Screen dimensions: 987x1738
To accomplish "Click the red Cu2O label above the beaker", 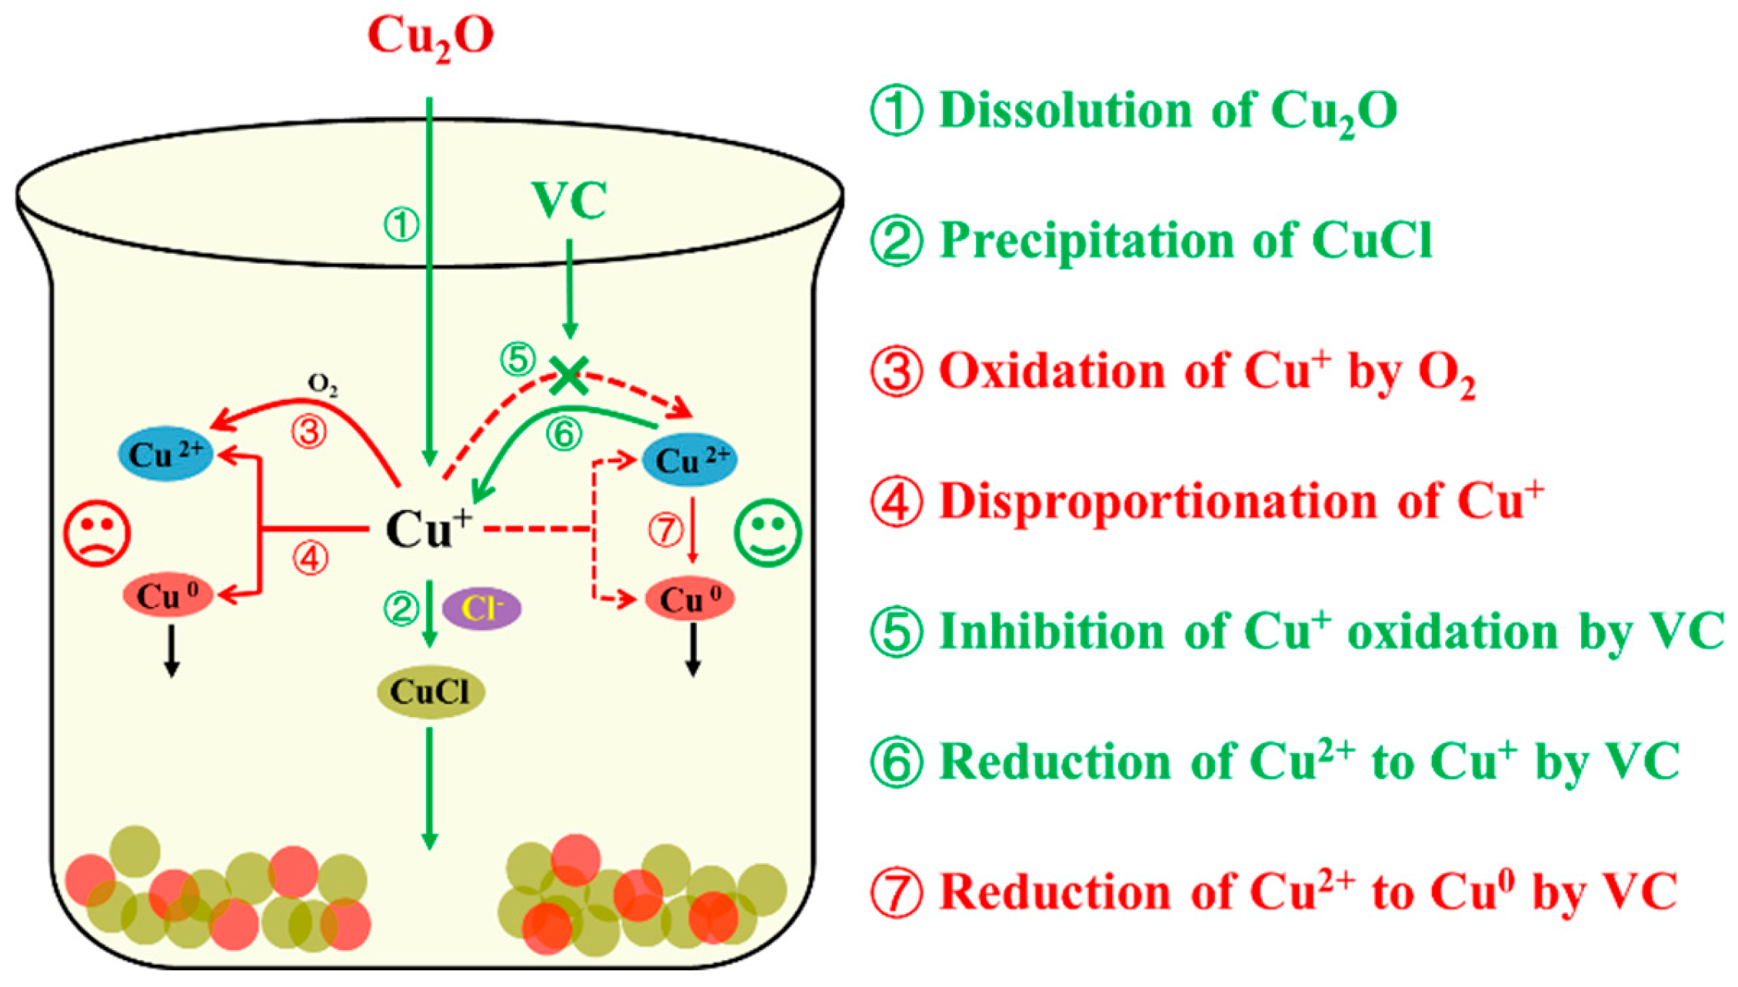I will (430, 36).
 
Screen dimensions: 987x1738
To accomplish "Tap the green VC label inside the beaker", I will (569, 201).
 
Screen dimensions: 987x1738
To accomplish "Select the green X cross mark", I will (569, 375).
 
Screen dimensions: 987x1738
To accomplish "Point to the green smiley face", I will (767, 533).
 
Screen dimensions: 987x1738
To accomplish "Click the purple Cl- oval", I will (481, 609).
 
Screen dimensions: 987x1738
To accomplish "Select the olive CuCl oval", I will (430, 692).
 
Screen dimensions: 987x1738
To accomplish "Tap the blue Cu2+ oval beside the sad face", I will (165, 454).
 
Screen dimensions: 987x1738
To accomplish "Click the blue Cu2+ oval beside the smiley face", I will (690, 460).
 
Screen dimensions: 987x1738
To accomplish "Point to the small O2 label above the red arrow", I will (323, 385).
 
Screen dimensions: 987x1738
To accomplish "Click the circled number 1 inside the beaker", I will (401, 225).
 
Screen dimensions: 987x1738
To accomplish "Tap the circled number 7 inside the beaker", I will (666, 530).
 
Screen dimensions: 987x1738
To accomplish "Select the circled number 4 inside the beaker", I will (310, 559).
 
